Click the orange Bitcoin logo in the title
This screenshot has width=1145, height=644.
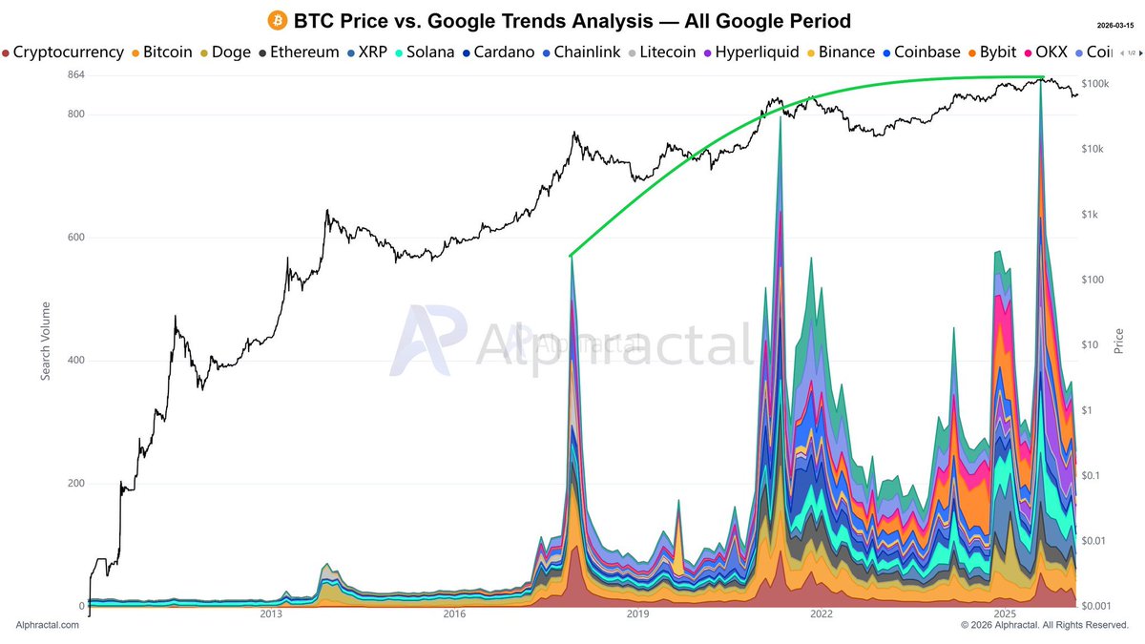point(278,20)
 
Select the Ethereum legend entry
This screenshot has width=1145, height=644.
point(298,52)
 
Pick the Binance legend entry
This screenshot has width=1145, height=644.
point(840,52)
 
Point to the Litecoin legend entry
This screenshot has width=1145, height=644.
point(660,52)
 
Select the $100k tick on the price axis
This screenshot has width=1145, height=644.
point(1094,85)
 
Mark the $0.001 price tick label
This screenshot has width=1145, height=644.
point(1097,606)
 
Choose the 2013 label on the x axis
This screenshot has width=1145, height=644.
point(271,615)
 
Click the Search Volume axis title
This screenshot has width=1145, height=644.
point(46,342)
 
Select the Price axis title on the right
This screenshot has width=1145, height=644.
point(1118,342)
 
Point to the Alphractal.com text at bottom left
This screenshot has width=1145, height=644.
point(45,625)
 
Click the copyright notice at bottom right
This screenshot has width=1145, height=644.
point(1045,625)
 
